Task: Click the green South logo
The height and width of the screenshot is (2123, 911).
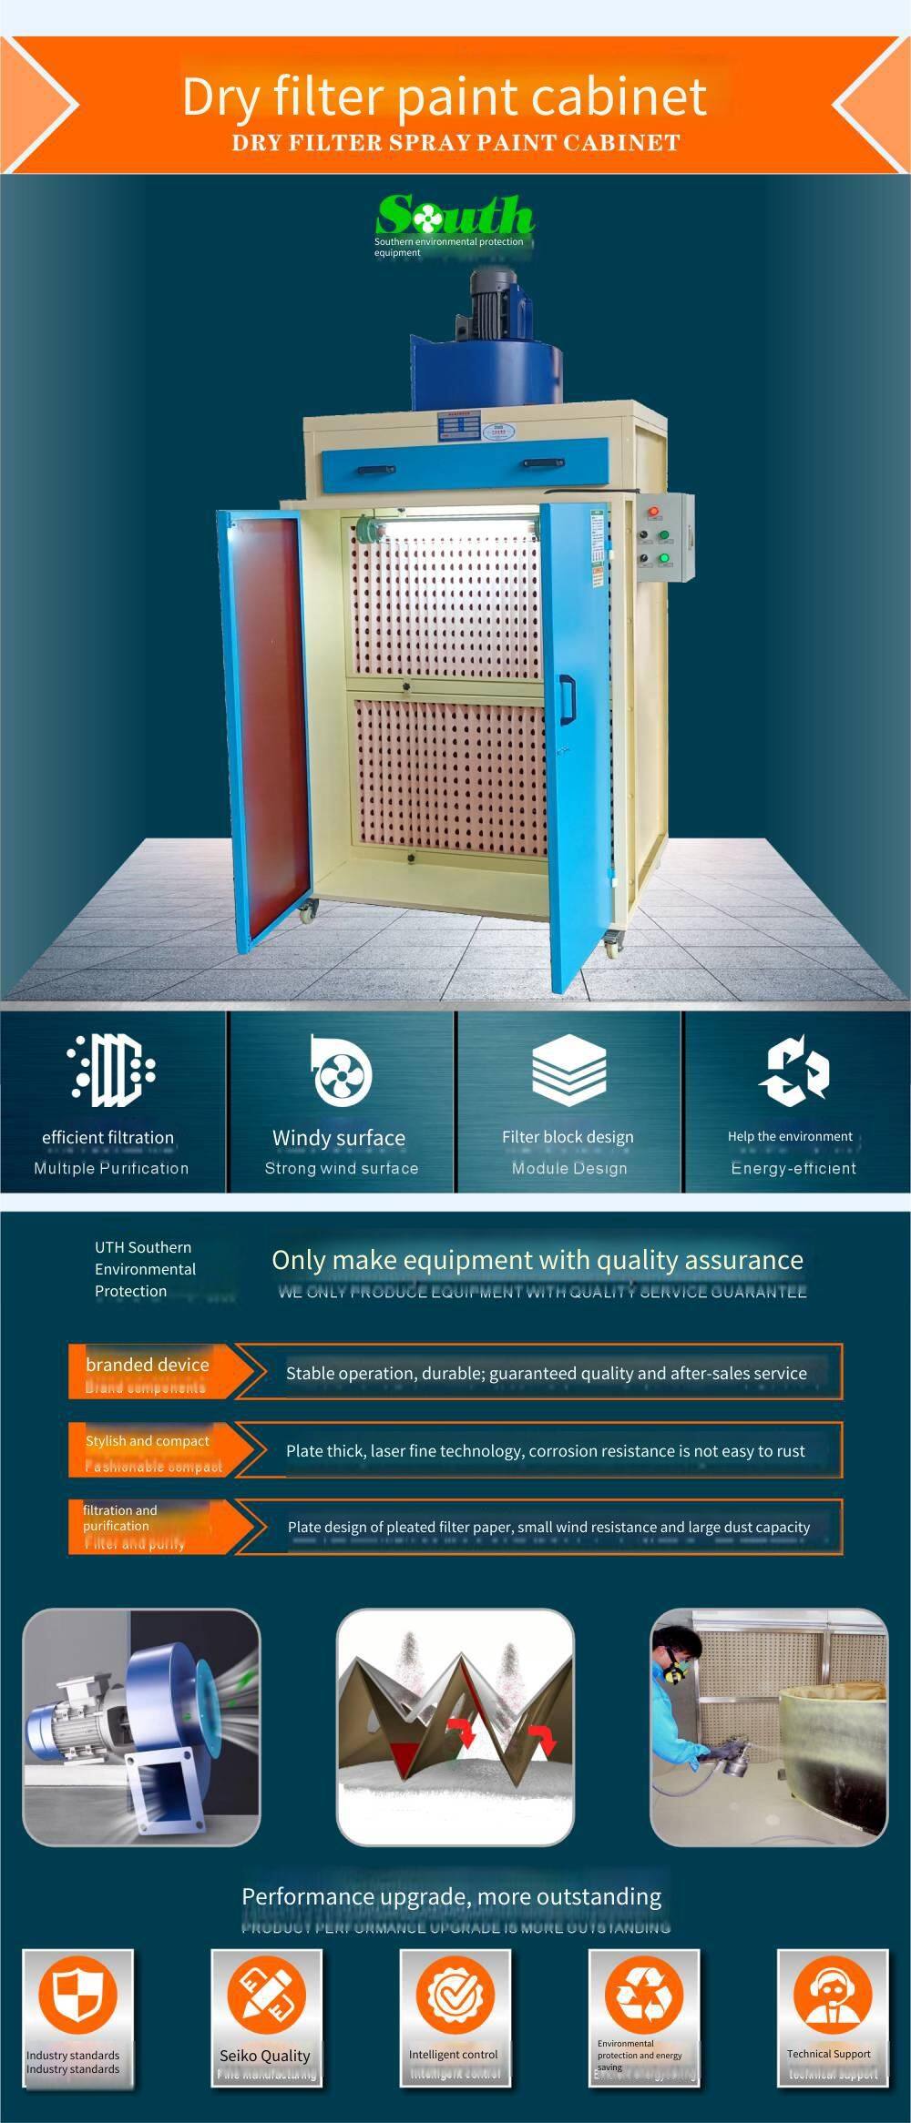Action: [x=455, y=217]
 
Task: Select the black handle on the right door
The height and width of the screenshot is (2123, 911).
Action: [x=567, y=700]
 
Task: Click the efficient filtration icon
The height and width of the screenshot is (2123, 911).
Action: [x=111, y=1071]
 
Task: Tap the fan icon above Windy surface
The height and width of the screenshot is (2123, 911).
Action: [x=341, y=1071]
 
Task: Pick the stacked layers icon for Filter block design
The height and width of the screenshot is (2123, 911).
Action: [x=568, y=1071]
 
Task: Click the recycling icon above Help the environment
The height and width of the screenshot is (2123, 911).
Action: [x=793, y=1071]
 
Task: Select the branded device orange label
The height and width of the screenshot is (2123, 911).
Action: [x=148, y=1371]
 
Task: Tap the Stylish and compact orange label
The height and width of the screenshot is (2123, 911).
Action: [x=148, y=1449]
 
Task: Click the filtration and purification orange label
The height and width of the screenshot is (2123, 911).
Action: [x=137, y=1526]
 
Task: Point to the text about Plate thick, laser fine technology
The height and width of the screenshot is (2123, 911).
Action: [x=545, y=1451]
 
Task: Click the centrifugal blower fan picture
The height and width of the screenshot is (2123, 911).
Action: [x=141, y=1727]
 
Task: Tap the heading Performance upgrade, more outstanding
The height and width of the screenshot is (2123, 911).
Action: [x=452, y=1897]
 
